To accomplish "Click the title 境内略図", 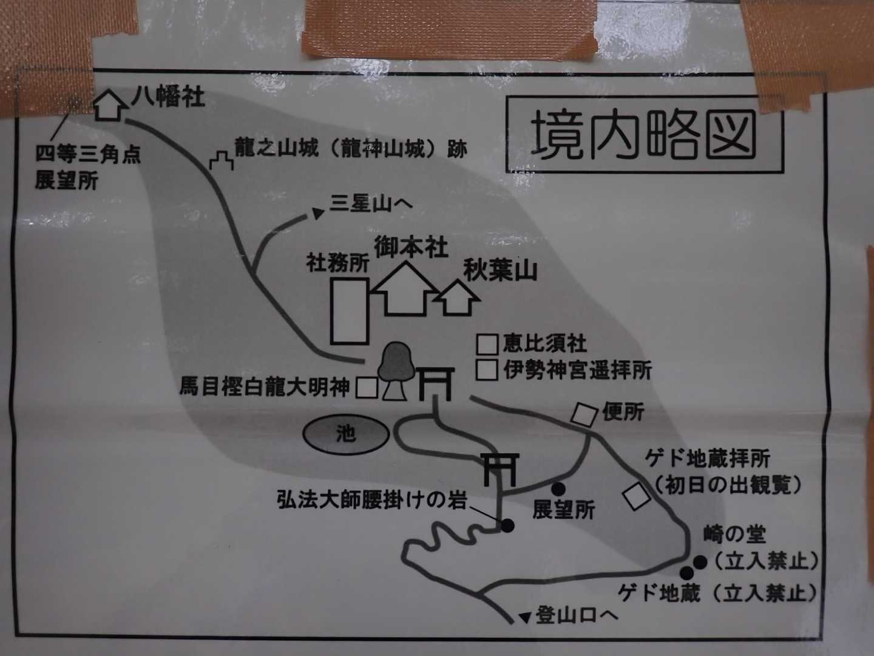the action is [643, 134].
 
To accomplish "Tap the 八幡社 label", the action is [169, 97].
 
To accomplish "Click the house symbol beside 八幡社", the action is [110, 104].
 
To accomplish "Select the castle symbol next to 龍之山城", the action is [222, 160].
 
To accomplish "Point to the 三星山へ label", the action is [371, 203].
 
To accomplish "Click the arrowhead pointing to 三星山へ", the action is [317, 213].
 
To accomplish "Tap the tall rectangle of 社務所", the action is [350, 311].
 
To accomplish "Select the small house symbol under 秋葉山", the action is [456, 298].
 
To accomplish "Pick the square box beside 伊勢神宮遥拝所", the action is [487, 370].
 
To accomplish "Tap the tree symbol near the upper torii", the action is [395, 371].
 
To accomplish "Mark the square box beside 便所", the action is [584, 415].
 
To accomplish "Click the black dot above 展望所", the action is [558, 489].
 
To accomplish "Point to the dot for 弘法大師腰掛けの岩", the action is [507, 526].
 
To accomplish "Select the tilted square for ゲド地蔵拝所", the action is [636, 496].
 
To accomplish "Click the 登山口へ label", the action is [577, 616].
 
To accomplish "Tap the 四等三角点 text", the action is [88, 154].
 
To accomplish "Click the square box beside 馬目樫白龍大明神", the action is [367, 388].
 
